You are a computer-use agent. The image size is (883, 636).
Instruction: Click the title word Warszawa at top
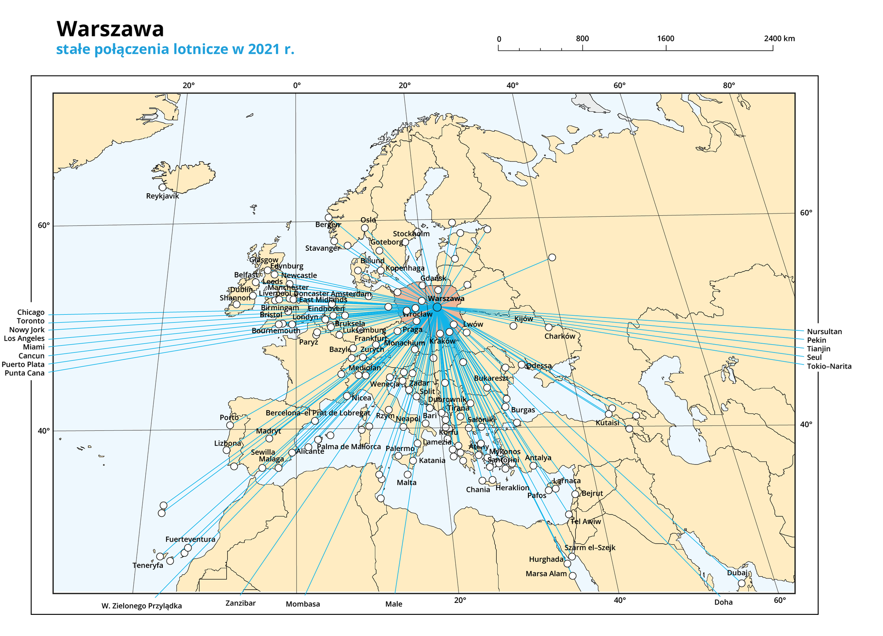pos(110,29)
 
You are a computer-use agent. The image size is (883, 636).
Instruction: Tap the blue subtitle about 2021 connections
pos(175,49)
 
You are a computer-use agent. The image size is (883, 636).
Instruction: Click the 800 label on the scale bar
pos(582,39)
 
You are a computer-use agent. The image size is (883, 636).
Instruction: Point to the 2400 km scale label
pos(779,39)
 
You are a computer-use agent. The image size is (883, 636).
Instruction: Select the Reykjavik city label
pos(162,196)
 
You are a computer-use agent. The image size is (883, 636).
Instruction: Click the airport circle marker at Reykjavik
pos(162,187)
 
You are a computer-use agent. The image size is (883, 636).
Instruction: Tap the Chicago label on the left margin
pos(31,312)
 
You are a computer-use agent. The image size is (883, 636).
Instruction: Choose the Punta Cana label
pos(25,373)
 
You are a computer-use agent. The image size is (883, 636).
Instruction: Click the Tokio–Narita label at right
pos(829,367)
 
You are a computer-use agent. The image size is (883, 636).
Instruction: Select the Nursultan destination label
pos(824,331)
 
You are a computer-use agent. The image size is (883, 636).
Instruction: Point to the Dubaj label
pos(737,573)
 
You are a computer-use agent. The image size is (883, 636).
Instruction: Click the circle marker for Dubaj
pos(741,583)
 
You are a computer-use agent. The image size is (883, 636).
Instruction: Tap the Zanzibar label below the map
pos(241,603)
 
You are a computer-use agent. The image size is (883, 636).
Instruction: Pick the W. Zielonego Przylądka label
pos(142,606)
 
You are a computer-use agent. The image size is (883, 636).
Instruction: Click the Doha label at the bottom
pos(723,602)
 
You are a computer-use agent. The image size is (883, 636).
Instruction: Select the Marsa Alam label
pos(546,574)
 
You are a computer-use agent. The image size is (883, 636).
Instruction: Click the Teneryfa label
pos(148,566)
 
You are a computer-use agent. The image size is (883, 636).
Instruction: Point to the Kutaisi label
pos(607,423)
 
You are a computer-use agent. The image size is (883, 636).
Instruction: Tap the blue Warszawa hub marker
pos(437,307)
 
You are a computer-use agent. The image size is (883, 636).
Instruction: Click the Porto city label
pos(229,417)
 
